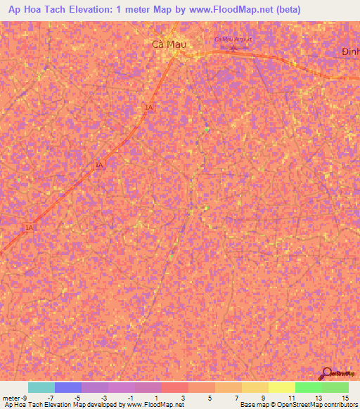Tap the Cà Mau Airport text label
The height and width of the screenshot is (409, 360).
[233, 39]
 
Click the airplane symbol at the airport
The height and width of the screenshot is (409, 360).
[234, 48]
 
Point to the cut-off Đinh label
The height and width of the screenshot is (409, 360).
[350, 53]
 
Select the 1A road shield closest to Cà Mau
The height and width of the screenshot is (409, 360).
[148, 107]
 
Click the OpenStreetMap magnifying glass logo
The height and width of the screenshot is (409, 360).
[328, 375]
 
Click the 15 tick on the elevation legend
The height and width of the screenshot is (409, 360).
[345, 397]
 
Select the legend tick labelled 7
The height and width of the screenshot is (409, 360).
[237, 397]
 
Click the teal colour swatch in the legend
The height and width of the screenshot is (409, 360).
[41, 387]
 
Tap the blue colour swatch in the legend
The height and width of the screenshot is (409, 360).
[67, 387]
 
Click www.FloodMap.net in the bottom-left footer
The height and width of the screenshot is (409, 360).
[154, 405]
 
